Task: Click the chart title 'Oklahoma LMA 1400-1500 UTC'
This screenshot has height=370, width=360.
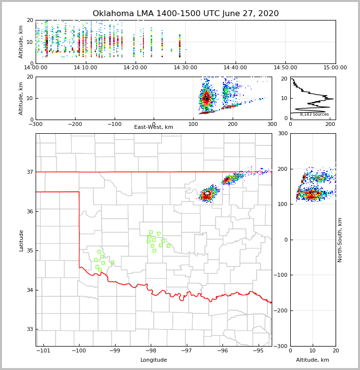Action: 185,14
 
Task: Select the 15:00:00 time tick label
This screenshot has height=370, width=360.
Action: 335,67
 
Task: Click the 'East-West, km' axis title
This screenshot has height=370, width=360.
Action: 154,127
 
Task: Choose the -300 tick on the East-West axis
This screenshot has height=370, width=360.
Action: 36,124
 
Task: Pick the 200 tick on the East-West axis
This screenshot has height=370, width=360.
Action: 233,124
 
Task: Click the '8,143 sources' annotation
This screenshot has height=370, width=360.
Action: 314,114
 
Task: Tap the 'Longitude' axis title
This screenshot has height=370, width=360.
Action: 154,360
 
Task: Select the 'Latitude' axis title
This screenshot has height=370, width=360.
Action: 21,240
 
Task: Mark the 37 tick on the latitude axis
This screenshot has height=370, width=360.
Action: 29,172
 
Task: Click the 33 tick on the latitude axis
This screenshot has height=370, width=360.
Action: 29,329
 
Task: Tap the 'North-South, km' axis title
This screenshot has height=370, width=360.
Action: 340,240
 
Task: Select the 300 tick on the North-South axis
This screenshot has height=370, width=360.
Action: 281,133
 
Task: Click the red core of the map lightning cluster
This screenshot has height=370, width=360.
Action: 207,196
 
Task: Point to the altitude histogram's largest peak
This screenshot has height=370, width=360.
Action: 333,99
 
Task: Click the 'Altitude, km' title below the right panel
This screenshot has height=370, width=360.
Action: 313,360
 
